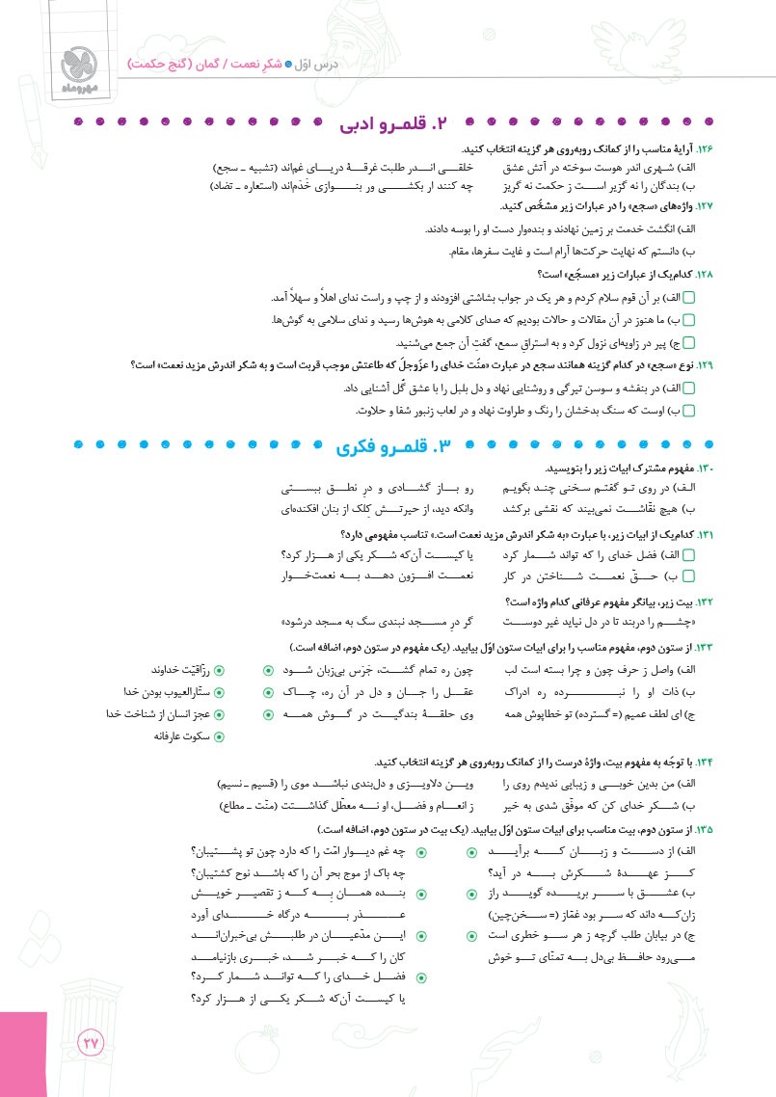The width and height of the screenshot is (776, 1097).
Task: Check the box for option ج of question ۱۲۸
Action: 702,341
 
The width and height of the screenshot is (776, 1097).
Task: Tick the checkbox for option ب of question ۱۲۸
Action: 702,320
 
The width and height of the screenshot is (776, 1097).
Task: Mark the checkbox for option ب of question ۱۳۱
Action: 702,575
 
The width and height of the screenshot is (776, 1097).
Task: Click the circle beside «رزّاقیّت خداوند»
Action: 219,669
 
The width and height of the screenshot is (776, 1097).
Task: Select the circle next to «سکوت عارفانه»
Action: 219,736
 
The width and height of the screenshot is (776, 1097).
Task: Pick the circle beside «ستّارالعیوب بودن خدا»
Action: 219,692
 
